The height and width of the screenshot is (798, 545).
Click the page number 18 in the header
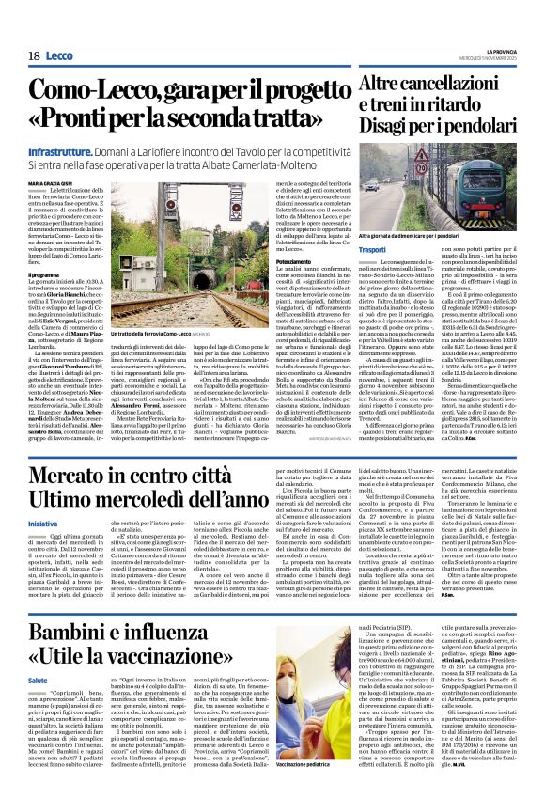34,56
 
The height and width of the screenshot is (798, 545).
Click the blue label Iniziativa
70,519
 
